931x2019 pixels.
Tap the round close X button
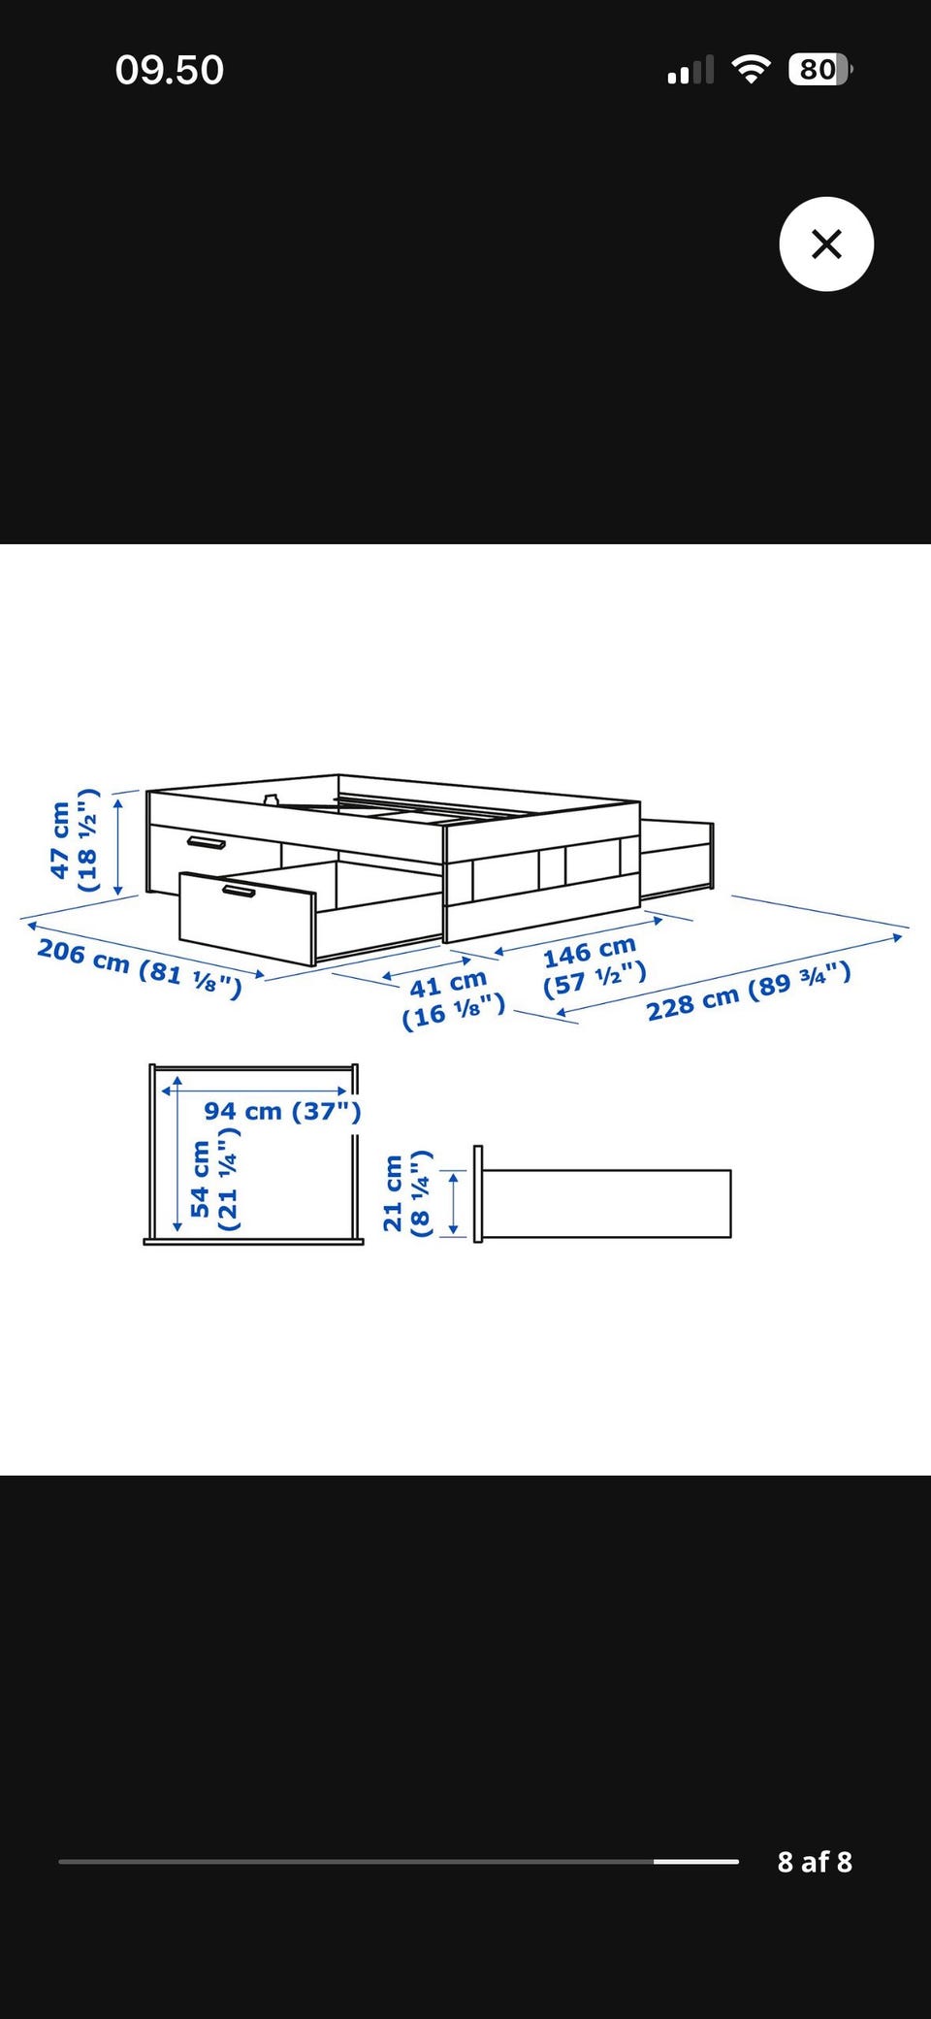[x=826, y=244]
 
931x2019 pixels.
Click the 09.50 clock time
[x=170, y=70]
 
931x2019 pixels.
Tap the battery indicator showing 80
[x=820, y=70]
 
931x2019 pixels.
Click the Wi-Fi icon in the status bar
[x=751, y=69]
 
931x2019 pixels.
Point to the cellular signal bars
[x=690, y=70]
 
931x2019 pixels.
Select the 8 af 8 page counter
[x=815, y=1862]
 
